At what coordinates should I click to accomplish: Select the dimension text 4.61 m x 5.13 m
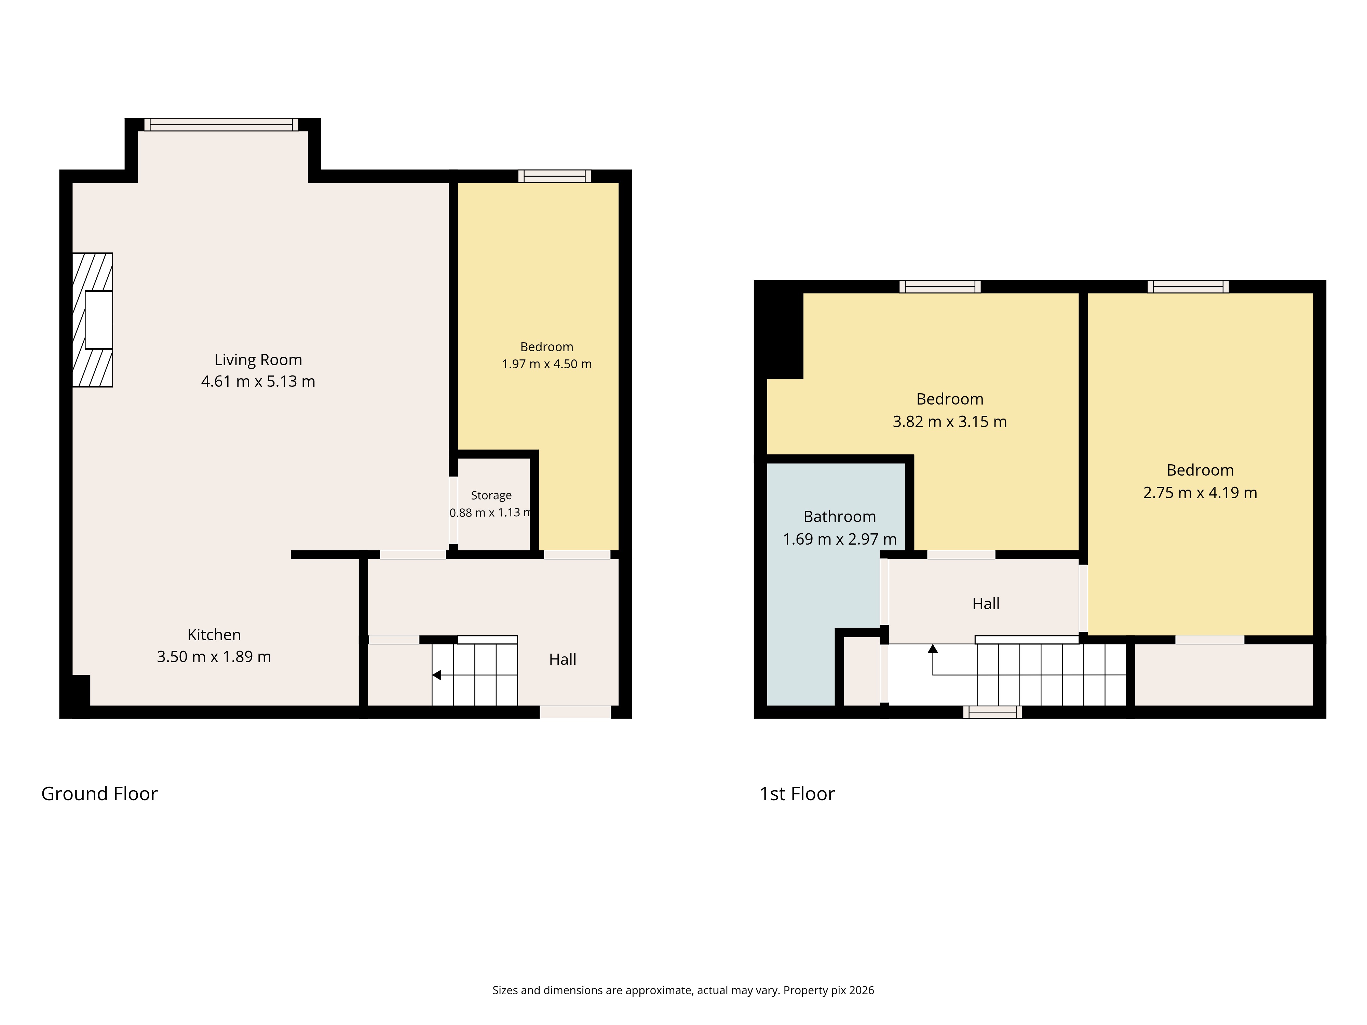pos(258,381)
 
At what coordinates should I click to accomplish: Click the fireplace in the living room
pos(93,320)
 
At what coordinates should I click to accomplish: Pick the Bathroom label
pos(839,517)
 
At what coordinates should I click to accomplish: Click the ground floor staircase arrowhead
pos(436,675)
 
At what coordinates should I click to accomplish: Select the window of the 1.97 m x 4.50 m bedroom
pos(554,176)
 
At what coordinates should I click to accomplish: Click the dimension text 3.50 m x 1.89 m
pos(214,657)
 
